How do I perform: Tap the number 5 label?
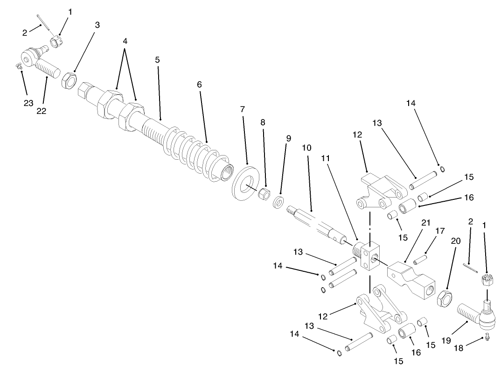157,60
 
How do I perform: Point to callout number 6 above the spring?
200,85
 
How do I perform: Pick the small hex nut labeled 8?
264,192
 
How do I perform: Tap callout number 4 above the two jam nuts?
125,41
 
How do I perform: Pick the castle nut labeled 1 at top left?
57,42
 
